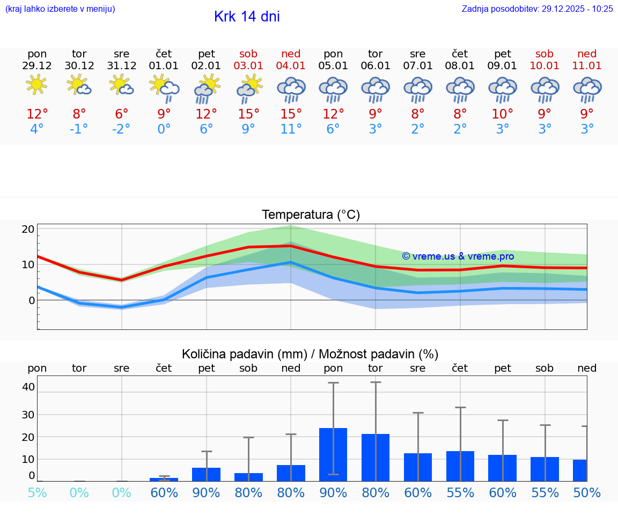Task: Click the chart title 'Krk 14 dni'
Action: point(247,17)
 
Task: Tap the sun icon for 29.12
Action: point(36,85)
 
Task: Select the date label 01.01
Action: point(164,66)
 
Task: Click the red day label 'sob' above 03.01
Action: point(248,54)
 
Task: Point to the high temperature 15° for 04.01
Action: point(291,114)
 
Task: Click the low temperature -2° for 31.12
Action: point(121,129)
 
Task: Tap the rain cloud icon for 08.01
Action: point(460,89)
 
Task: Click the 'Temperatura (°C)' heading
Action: point(311,215)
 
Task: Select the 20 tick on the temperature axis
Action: point(28,229)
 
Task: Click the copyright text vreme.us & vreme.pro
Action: point(458,256)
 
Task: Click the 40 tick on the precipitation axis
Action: point(28,387)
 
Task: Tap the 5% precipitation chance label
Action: point(37,492)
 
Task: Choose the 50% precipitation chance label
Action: point(587,492)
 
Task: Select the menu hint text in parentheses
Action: point(60,9)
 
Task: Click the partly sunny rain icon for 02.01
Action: point(206,89)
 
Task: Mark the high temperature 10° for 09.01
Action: point(502,114)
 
